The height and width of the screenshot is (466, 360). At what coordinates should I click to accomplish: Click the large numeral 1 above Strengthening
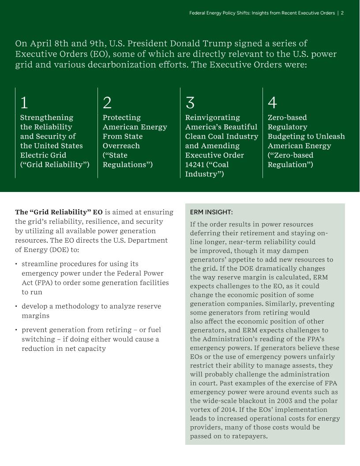tap(24, 103)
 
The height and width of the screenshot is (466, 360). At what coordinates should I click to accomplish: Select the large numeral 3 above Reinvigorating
tap(190, 103)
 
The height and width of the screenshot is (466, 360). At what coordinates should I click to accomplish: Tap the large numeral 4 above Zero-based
tap(272, 103)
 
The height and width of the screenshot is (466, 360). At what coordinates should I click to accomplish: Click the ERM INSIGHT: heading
tap(211, 212)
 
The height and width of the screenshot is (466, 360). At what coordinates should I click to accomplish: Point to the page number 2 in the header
tap(342, 13)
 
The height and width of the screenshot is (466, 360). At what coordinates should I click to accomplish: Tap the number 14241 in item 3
tap(195, 165)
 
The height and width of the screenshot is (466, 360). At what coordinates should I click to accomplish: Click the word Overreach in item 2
tap(121, 146)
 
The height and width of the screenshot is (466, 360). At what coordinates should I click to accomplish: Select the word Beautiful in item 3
tap(239, 127)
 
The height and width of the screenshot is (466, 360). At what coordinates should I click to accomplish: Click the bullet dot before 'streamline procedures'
tap(16, 264)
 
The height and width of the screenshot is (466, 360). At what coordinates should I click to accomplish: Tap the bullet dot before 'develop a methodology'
tap(16, 306)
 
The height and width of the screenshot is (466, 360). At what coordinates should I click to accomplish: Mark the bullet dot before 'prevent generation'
tap(16, 330)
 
